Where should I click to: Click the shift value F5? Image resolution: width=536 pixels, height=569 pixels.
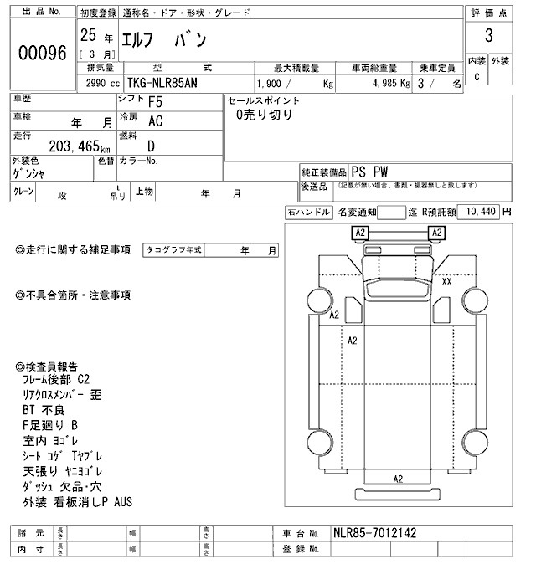click(x=155, y=103)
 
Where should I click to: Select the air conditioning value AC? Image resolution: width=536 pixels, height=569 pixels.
click(x=155, y=121)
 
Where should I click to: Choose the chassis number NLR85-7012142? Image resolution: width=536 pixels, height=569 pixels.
click(x=374, y=533)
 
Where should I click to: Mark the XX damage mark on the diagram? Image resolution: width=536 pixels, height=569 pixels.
click(x=446, y=281)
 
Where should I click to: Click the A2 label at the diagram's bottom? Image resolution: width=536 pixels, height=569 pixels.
click(x=398, y=479)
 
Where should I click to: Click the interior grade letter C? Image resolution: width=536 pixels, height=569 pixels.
click(x=477, y=77)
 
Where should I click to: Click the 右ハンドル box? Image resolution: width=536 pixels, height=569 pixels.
click(x=307, y=213)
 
